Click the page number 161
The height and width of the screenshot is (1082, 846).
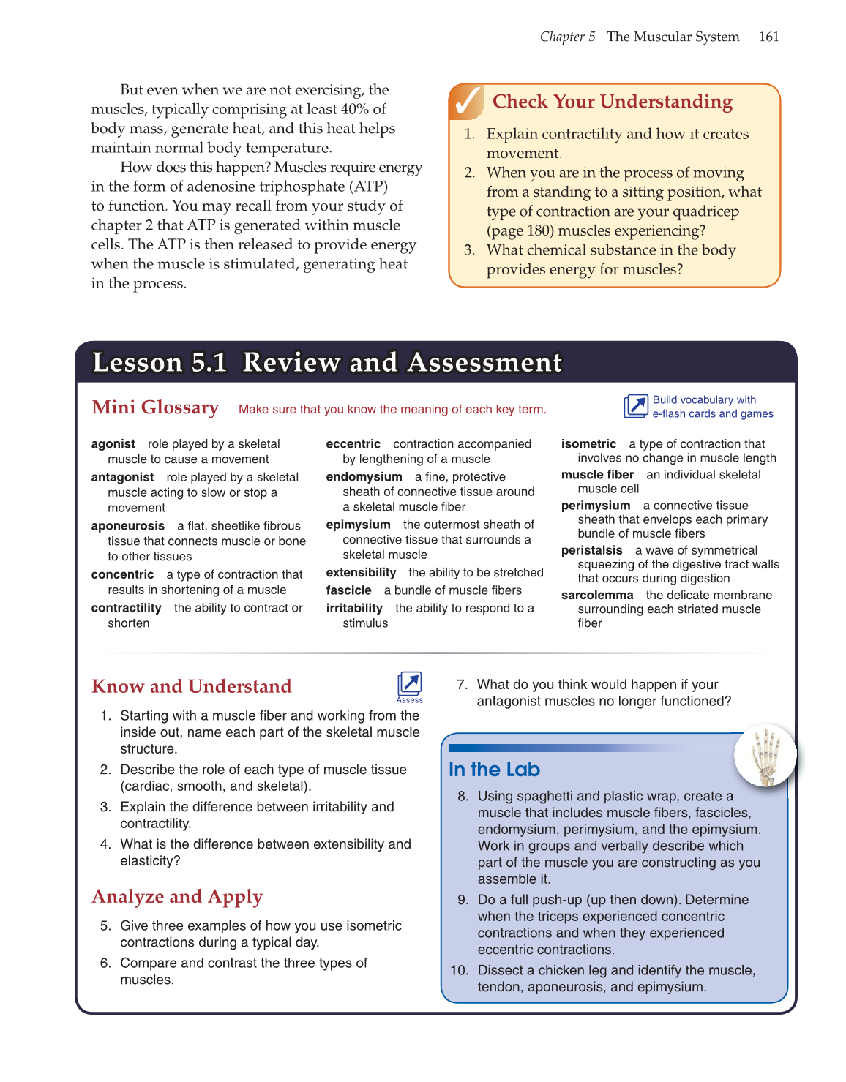coord(768,37)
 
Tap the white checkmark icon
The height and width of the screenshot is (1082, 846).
coord(466,102)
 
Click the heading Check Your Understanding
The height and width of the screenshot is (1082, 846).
coord(612,102)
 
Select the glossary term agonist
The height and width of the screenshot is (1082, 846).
coord(113,444)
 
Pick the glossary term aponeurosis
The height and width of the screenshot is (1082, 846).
coord(128,526)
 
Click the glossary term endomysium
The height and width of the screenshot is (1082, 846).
coord(364,477)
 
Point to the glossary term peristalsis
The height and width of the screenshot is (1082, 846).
coord(591,550)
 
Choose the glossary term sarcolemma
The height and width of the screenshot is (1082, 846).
coord(596,596)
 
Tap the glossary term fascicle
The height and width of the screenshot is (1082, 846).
coord(348,590)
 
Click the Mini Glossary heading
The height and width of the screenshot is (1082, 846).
coord(155,407)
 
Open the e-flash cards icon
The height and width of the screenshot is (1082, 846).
coord(635,406)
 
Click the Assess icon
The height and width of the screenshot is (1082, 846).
coord(409,685)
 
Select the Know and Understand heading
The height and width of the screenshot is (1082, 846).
coord(191,686)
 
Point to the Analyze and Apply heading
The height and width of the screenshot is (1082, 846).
coord(177,897)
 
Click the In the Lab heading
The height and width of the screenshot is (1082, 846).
coord(494,770)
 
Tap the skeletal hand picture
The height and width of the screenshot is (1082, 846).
coord(765,756)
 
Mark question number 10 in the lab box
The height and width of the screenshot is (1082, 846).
coord(459,971)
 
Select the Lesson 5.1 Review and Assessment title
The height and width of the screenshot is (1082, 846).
coord(327,363)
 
